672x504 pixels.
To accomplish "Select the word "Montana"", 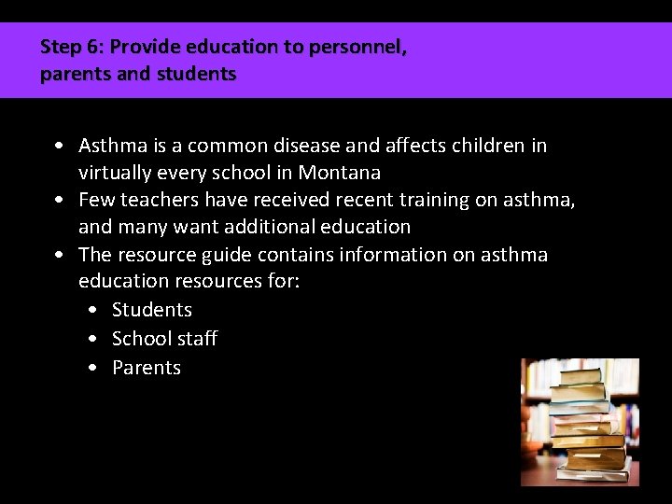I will (340, 173).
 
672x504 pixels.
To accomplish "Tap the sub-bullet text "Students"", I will (152, 310).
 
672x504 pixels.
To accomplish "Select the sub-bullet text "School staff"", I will (164, 338).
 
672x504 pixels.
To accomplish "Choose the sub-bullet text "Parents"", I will (147, 368).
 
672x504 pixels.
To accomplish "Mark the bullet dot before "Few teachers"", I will (60, 201).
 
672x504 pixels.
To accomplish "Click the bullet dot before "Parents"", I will (92, 369).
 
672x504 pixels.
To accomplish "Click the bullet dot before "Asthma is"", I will (60, 147).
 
